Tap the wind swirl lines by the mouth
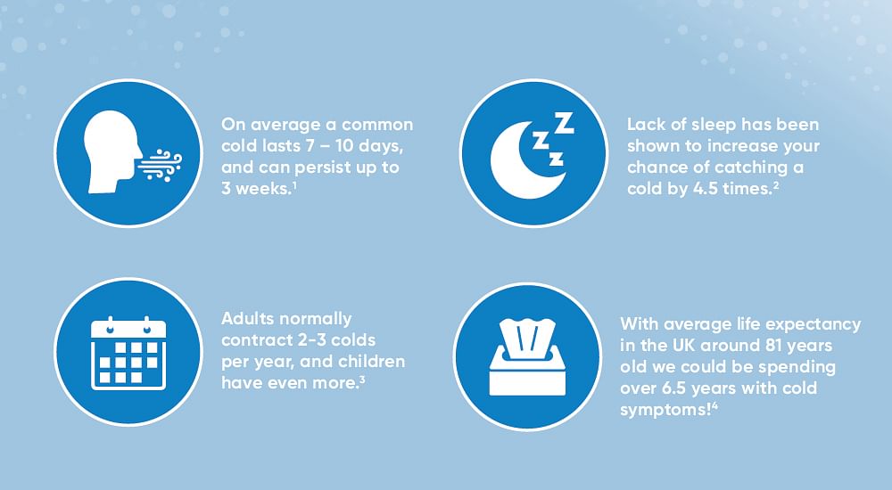tap(160, 166)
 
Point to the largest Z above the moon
tap(563, 123)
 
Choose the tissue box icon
tap(527, 357)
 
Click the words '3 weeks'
tap(256, 189)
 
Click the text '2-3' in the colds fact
tap(311, 340)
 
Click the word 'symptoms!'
tap(665, 411)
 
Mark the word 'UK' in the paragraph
tap(684, 346)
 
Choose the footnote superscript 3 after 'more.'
tap(362, 380)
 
